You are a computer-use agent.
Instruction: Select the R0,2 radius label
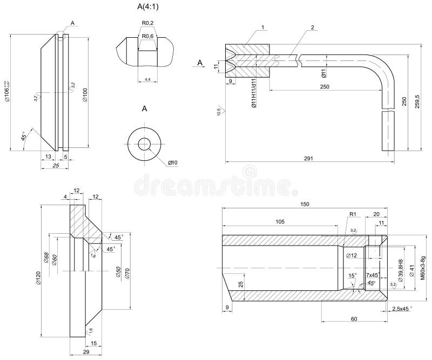(x=147, y=23)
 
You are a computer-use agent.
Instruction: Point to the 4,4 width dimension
(x=147, y=79)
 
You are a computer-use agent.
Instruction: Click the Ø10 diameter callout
(x=173, y=162)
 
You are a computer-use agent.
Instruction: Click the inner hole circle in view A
(x=145, y=144)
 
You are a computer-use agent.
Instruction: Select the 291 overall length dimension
(x=308, y=158)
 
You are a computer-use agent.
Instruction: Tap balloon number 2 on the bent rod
(x=312, y=27)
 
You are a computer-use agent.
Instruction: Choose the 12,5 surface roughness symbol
(x=219, y=112)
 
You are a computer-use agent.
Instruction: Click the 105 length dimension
(x=280, y=221)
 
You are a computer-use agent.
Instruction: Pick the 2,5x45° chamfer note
(x=402, y=308)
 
